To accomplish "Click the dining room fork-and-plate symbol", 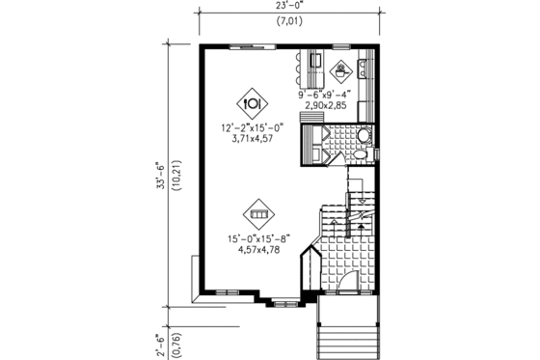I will [252, 100].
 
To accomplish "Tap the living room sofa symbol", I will [258, 213].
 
